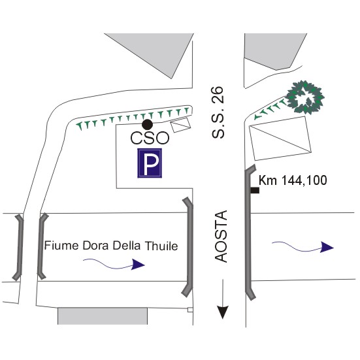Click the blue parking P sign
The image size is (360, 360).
coord(150,163)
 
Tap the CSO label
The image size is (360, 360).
coord(150,138)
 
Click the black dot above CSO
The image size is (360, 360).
coord(147,124)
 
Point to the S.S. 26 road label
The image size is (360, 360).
coord(218,112)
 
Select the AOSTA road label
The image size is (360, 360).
coord(221,237)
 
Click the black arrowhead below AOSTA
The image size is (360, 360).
coord(223,312)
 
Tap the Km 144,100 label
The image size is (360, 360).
coord(293,180)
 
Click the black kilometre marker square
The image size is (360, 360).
coord(255,190)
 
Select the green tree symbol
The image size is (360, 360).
coord(305,97)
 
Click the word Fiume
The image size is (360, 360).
coord(61,245)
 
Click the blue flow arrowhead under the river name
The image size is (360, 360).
coord(138,264)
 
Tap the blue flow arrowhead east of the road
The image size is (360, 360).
coord(327,247)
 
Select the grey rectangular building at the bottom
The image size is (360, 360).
coord(103,316)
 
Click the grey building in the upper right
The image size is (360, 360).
coord(273,50)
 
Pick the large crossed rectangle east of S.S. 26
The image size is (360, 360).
coord(280,139)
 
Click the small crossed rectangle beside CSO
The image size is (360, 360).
coord(180,125)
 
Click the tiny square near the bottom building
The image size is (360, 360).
coord(190,310)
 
